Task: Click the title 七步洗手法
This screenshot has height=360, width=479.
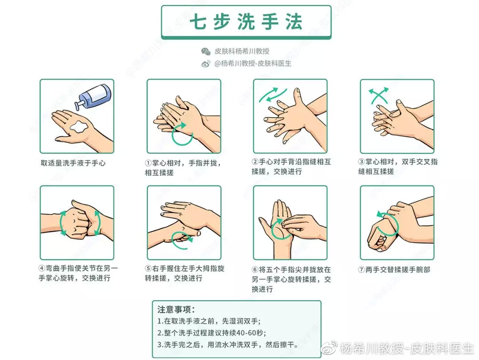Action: tap(246, 22)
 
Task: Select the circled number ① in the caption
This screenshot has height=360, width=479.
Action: tap(149, 163)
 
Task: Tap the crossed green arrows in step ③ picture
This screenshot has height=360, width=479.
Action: tap(378, 95)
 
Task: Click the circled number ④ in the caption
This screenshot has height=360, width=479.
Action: tap(42, 269)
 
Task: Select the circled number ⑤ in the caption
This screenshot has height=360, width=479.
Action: tap(149, 269)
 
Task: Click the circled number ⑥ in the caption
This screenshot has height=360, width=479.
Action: tap(255, 269)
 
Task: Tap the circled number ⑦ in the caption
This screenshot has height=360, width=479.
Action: tap(362, 269)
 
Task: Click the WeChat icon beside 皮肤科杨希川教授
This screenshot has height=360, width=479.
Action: tap(206, 51)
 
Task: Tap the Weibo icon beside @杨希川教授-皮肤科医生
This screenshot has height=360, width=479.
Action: tap(206, 64)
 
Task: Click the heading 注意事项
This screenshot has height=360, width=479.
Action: tap(176, 309)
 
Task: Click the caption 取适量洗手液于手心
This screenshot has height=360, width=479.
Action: tap(73, 163)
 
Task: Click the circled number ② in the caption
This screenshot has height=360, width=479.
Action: tap(255, 162)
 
